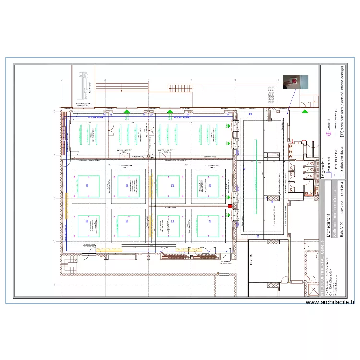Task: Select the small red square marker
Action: [229, 206]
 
